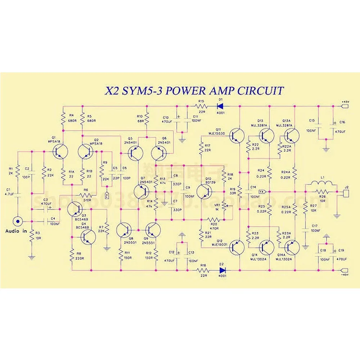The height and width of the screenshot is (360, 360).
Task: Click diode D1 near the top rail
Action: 219,106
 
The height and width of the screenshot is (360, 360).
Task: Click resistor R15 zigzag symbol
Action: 201,106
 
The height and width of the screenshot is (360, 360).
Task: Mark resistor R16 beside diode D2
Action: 203,270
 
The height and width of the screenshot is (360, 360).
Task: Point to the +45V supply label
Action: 345,102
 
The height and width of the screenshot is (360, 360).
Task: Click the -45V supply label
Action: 345,275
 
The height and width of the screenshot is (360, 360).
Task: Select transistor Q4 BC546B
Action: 87,237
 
